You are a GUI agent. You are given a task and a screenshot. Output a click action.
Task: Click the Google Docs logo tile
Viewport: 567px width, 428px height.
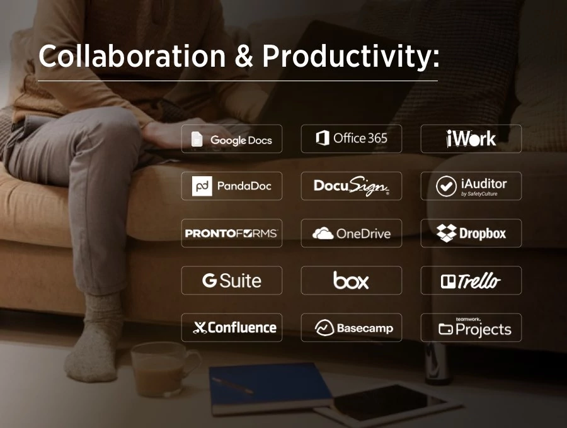tap(232, 139)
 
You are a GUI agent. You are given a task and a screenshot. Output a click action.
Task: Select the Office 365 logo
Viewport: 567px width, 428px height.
tap(352, 138)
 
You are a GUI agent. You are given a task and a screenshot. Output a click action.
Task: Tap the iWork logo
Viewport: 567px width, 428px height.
tap(471, 138)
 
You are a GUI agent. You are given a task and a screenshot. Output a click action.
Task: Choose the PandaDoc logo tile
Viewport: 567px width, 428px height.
tap(232, 186)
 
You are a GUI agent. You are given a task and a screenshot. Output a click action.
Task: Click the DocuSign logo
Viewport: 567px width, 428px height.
tap(352, 186)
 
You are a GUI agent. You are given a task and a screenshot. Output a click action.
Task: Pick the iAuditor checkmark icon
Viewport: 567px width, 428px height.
tap(447, 186)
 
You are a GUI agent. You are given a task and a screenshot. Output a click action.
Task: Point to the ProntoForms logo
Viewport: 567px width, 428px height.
tap(231, 234)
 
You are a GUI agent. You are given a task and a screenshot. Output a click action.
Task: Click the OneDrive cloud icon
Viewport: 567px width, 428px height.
tap(323, 234)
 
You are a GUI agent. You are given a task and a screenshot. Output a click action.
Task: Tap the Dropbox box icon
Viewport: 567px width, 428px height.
tap(446, 233)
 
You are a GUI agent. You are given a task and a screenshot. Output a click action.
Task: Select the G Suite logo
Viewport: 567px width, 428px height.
tap(232, 281)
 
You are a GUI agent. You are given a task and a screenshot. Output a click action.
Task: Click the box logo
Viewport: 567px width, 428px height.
tap(351, 281)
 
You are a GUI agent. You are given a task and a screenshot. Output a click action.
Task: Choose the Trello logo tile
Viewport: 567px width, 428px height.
tap(471, 281)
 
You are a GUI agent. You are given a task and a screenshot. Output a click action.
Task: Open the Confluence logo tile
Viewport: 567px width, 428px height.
tap(232, 327)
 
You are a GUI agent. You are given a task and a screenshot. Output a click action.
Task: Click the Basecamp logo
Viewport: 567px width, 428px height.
tap(352, 328)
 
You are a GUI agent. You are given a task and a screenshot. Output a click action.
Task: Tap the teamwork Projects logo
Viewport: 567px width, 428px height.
tap(471, 327)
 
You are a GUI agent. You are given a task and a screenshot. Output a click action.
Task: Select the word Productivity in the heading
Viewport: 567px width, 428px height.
tap(350, 58)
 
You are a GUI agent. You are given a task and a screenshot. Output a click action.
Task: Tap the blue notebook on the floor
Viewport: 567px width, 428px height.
tap(270, 385)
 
